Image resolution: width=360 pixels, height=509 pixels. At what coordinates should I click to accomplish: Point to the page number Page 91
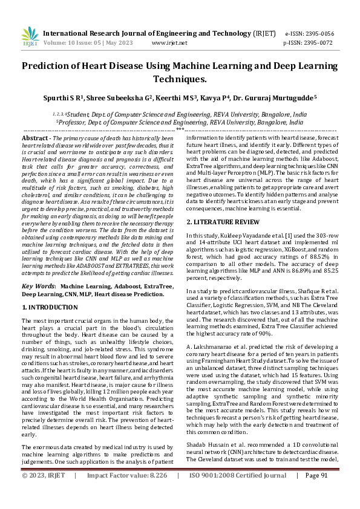[x=316, y=493]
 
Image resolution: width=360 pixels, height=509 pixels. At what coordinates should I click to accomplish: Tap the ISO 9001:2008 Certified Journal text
[x=238, y=493]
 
